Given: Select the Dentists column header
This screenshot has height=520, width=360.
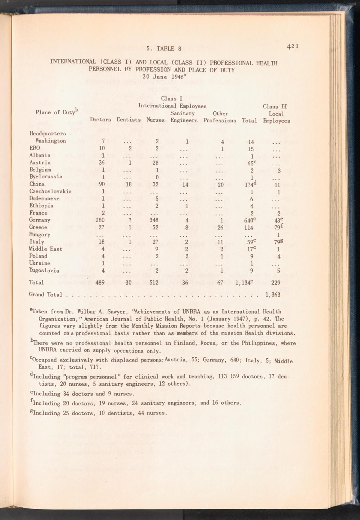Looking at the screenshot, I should point(129,120).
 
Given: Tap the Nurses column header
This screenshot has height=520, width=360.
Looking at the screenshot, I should point(155,120).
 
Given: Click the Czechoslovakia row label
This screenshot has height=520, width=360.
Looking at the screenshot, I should point(50,191).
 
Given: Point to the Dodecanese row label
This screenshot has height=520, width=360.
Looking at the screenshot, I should point(44,198).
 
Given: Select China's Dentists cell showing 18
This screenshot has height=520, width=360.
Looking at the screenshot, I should point(130,184).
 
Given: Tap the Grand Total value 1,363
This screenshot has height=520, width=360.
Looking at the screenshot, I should point(273,295).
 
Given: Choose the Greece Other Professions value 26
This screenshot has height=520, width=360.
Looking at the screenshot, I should point(221,227).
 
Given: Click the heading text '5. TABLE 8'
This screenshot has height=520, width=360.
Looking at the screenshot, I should point(161,49).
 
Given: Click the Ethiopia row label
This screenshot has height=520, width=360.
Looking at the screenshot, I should point(41,206).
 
